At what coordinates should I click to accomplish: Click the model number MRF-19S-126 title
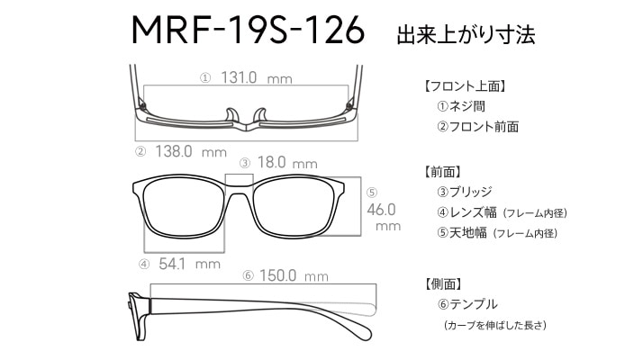click(x=248, y=30)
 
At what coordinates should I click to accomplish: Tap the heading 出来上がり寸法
click(x=466, y=34)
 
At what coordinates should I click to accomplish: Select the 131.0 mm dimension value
click(x=257, y=77)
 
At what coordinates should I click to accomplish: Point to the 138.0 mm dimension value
click(x=191, y=151)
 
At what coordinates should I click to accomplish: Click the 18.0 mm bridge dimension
click(x=287, y=162)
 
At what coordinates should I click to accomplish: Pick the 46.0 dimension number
click(x=381, y=210)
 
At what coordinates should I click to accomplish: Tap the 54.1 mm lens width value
click(x=189, y=264)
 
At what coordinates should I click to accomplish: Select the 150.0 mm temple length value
click(x=294, y=275)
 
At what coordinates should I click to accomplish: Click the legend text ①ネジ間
click(x=461, y=106)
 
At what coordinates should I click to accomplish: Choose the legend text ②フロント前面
click(x=477, y=126)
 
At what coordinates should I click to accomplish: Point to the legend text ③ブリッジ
click(x=465, y=192)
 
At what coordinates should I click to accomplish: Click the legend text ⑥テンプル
click(x=467, y=304)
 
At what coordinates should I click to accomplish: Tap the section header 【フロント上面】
click(x=464, y=86)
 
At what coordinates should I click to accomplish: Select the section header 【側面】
click(x=443, y=283)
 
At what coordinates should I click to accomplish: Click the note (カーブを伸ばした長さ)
click(x=495, y=325)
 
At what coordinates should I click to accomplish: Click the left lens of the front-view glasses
click(x=185, y=207)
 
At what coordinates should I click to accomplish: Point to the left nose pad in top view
click(x=231, y=115)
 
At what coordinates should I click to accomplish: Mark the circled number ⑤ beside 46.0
click(x=372, y=193)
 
